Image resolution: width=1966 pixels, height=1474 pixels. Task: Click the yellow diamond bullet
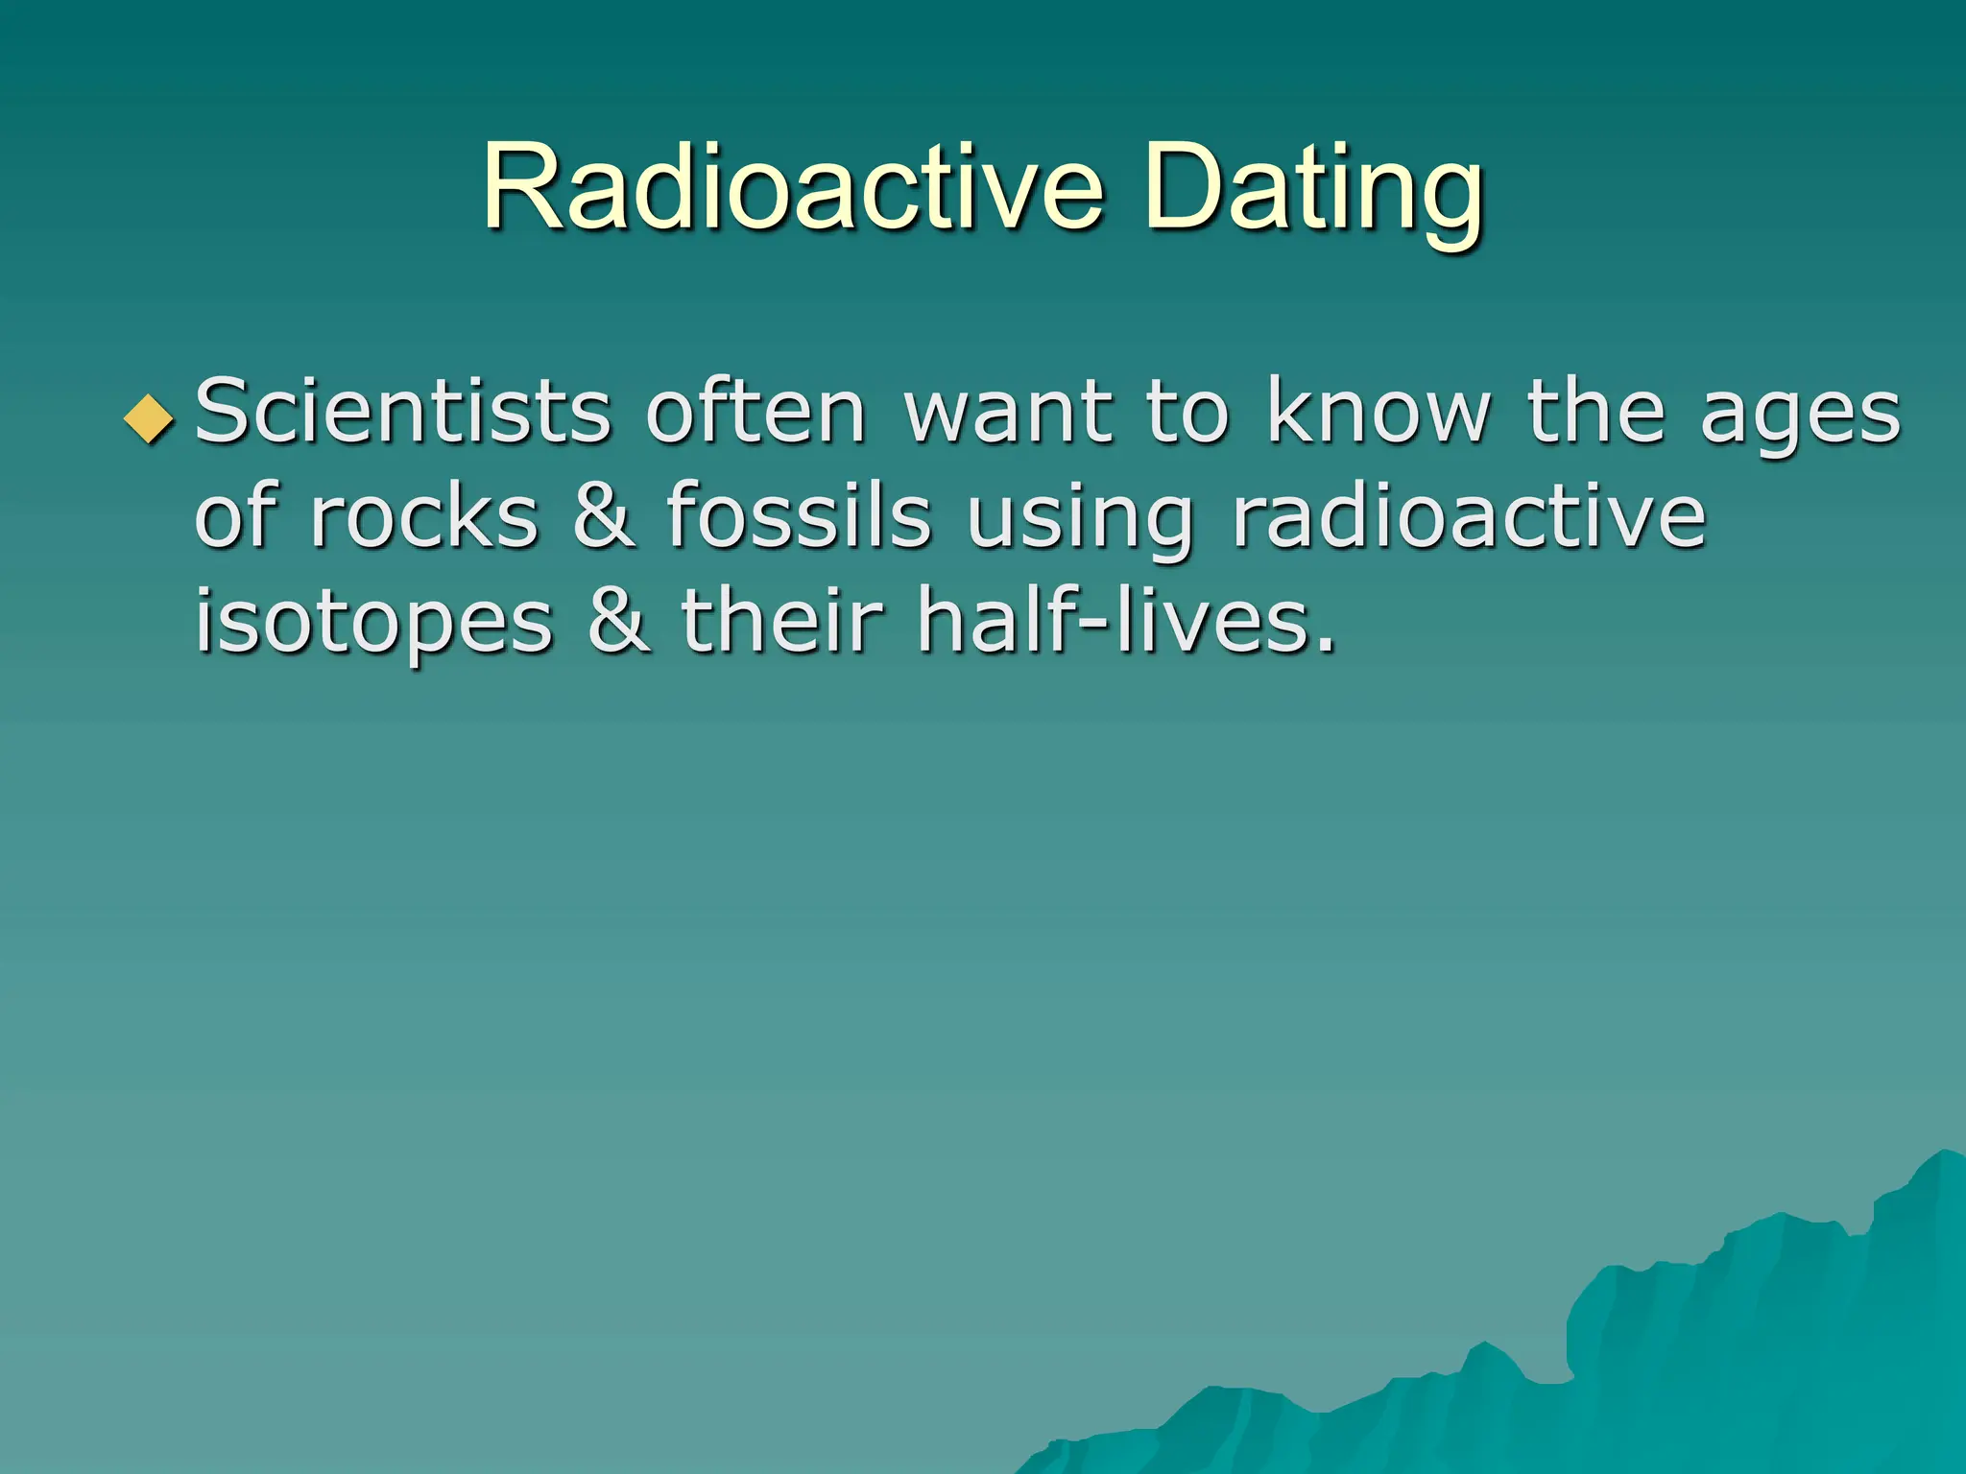tap(150, 418)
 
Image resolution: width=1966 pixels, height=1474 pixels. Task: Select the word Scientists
tap(403, 413)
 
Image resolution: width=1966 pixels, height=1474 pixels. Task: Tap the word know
tap(1379, 413)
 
